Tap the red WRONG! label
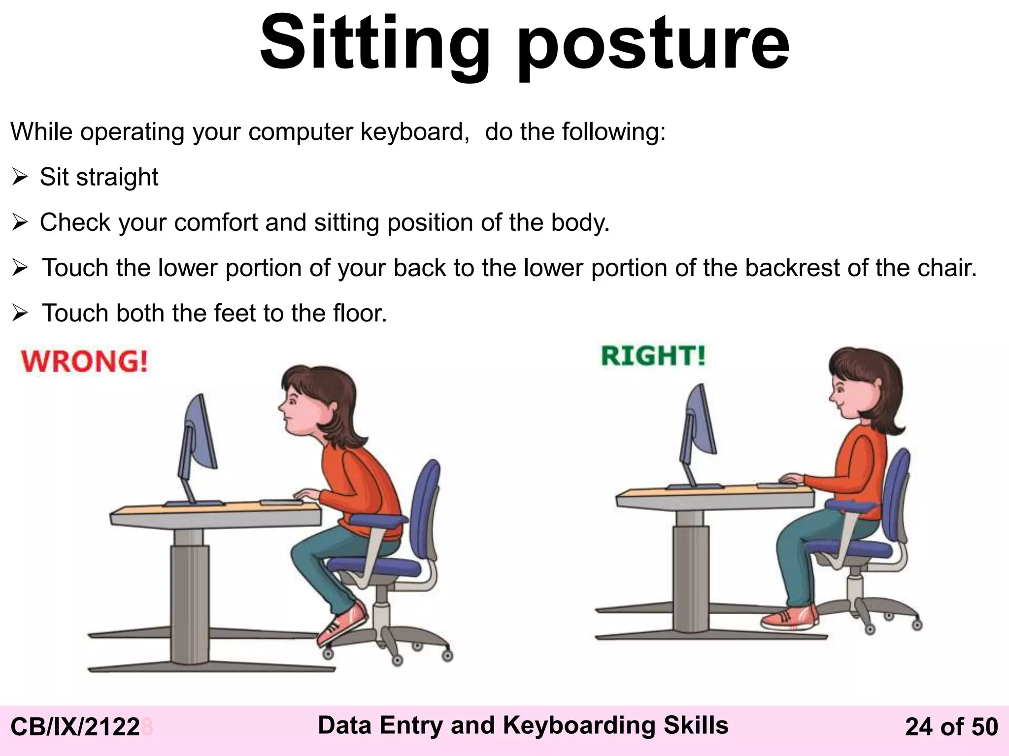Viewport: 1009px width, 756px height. click(84, 361)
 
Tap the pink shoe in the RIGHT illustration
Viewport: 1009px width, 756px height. click(789, 618)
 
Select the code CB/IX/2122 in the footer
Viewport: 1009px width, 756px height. click(75, 727)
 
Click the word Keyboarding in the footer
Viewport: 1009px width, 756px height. click(578, 725)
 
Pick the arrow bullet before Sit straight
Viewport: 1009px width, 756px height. click(20, 177)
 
